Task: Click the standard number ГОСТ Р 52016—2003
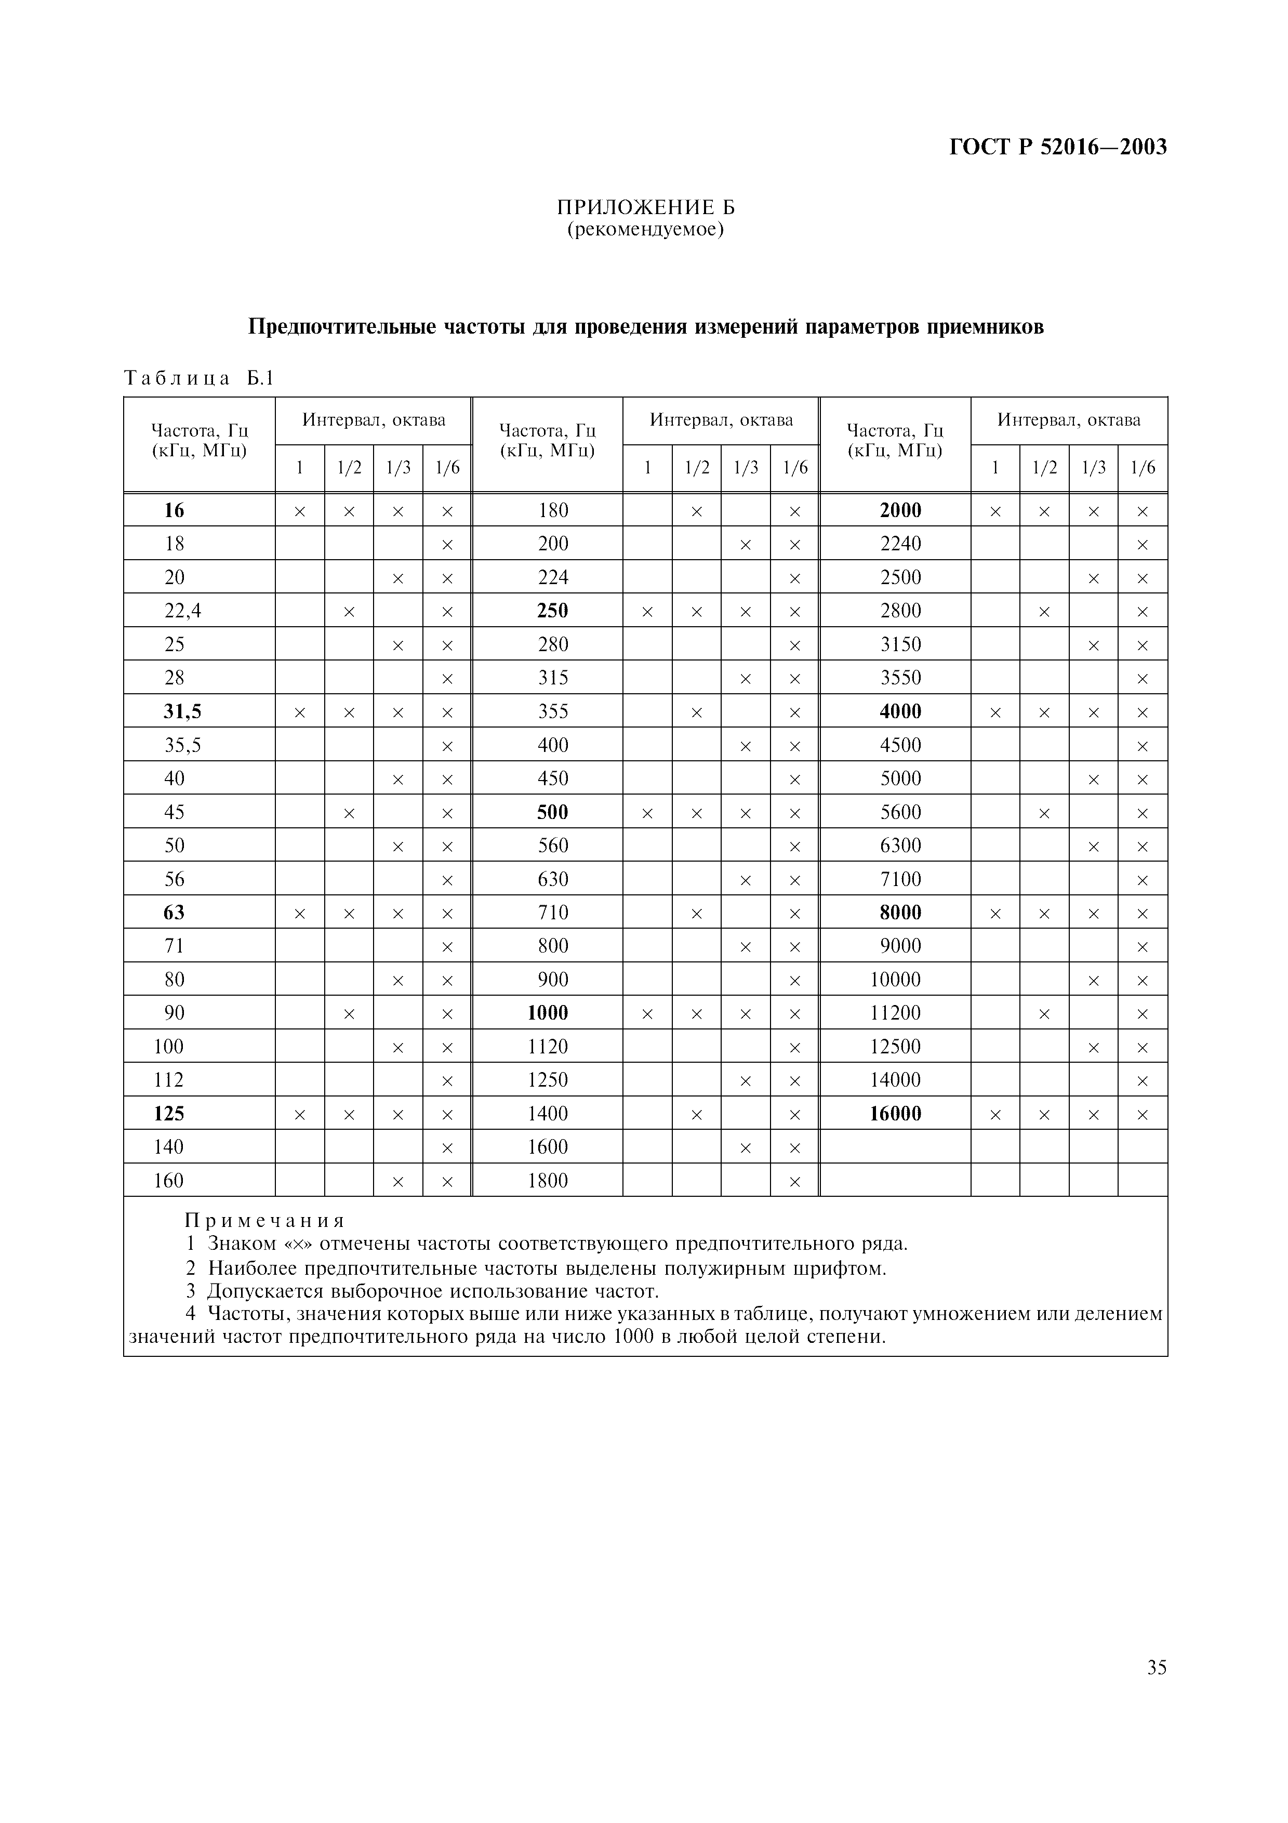click(x=1058, y=148)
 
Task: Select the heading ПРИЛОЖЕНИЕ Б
click(x=645, y=208)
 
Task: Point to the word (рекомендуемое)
click(x=645, y=230)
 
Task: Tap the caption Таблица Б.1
click(x=198, y=379)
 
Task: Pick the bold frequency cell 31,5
click(x=182, y=711)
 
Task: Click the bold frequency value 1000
click(x=548, y=1013)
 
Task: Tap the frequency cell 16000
click(x=895, y=1114)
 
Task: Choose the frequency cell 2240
click(x=901, y=544)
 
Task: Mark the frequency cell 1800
click(x=548, y=1181)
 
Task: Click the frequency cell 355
click(x=553, y=711)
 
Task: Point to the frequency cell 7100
click(x=901, y=879)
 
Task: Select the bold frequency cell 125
click(x=169, y=1114)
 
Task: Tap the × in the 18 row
click(x=447, y=545)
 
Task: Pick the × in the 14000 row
click(x=1143, y=1080)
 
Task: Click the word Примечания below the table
click(x=265, y=1220)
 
